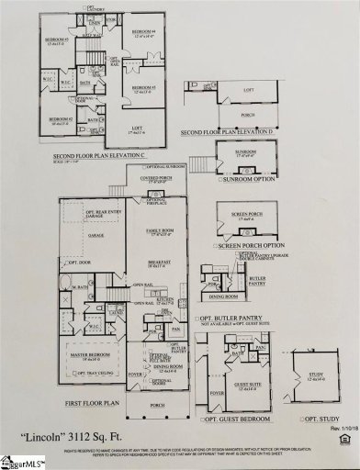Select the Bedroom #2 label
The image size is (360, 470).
61,118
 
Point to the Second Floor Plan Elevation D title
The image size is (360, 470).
229,131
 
